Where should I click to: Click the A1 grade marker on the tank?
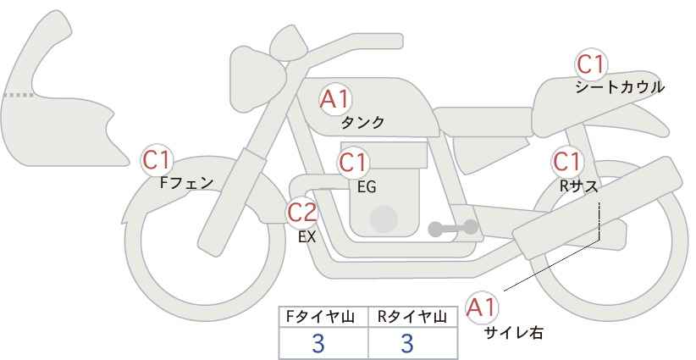point(335,99)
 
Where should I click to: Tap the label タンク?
point(362,123)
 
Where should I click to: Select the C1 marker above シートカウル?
point(591,64)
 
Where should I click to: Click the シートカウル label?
point(620,87)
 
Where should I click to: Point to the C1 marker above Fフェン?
point(157,160)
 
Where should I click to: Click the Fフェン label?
point(186,183)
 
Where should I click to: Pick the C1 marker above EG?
point(353,163)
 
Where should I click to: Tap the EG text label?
point(367,187)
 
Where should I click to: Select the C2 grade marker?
point(302,212)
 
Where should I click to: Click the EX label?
point(307,237)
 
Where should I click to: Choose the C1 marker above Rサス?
point(567,162)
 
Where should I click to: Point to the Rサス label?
point(579,186)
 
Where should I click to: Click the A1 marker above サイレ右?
point(482,307)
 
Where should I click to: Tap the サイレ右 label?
point(514,333)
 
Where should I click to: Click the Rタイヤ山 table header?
point(412,317)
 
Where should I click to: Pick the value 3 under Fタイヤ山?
point(318,343)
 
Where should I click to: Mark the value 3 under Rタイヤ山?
point(407,343)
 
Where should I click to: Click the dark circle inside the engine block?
point(384,219)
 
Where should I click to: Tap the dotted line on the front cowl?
point(18,95)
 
